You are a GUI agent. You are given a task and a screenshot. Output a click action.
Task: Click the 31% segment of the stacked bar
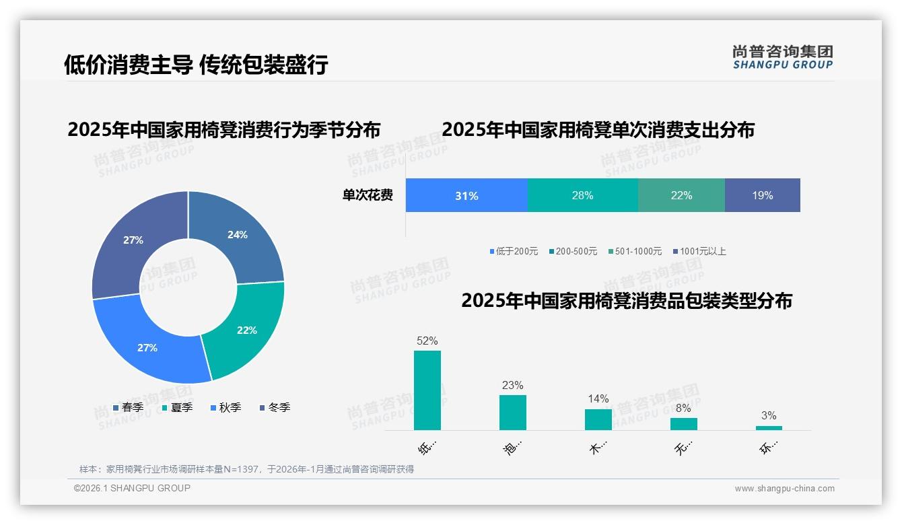click(x=466, y=196)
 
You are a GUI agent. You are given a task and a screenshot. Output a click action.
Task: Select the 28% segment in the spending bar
click(x=582, y=196)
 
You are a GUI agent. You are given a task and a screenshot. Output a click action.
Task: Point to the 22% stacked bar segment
click(x=681, y=196)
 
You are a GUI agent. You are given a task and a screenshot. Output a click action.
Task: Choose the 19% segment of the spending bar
click(x=763, y=196)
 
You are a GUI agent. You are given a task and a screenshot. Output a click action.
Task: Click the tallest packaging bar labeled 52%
click(x=427, y=390)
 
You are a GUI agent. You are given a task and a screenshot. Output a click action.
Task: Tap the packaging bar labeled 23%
click(x=513, y=413)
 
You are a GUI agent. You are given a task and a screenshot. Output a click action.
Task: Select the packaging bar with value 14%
click(x=598, y=419)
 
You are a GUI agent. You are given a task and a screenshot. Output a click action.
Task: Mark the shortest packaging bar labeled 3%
click(x=769, y=428)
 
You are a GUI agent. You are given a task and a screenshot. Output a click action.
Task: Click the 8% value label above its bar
click(x=683, y=408)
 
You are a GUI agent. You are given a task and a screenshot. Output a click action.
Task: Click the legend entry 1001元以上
click(x=702, y=252)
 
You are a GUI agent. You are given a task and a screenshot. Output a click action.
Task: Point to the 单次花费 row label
click(x=368, y=196)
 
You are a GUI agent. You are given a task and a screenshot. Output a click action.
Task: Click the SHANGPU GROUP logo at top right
click(x=783, y=57)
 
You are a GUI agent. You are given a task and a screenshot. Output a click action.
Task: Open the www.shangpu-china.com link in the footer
click(x=784, y=489)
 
